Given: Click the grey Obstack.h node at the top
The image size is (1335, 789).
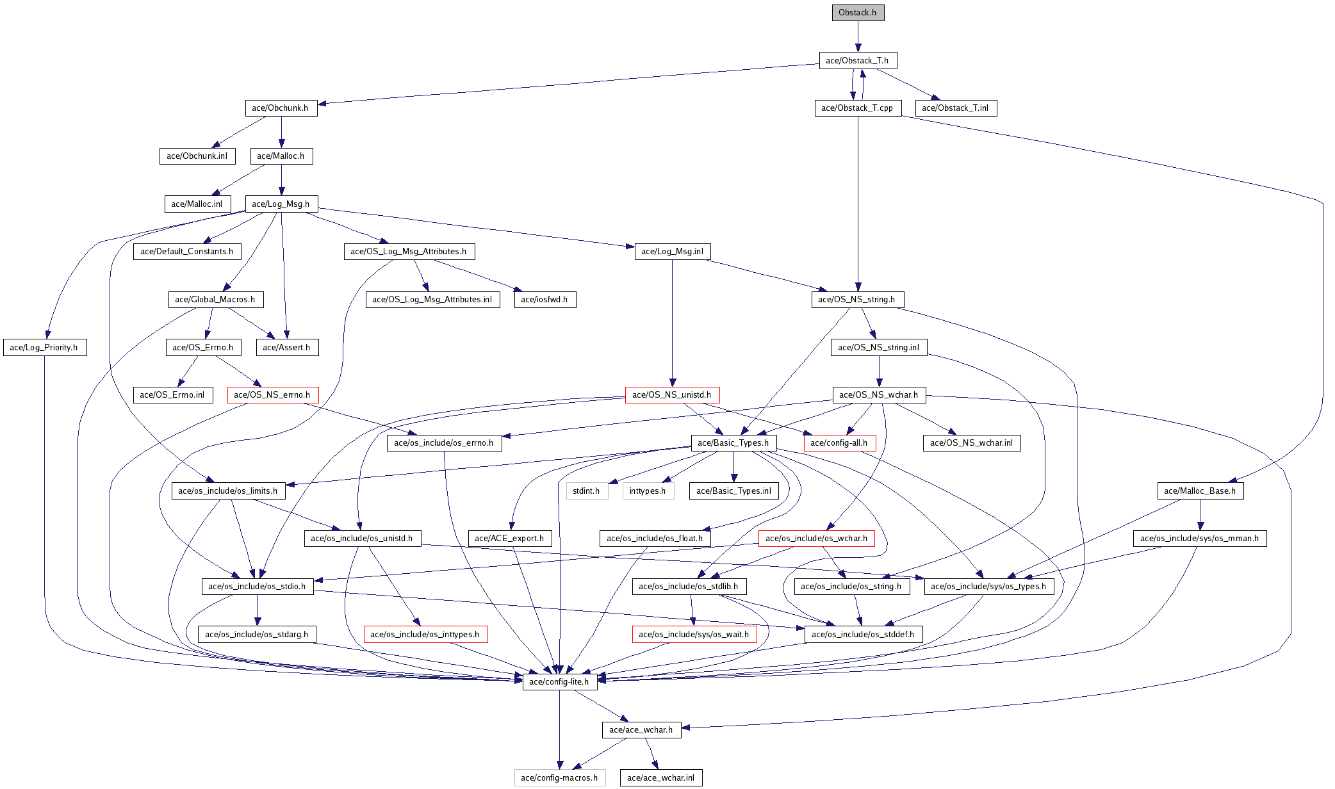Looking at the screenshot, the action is [x=858, y=13].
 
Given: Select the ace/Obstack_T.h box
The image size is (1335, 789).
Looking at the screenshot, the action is [x=858, y=60].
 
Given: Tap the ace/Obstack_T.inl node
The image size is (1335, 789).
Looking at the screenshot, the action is [x=956, y=108].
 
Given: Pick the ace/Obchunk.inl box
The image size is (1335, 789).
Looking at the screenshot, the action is [x=197, y=156].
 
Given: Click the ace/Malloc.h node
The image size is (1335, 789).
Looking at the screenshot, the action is [x=281, y=156].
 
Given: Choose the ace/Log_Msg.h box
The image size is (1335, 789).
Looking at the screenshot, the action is [x=281, y=204].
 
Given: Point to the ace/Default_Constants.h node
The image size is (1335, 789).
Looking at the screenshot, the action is [x=187, y=252].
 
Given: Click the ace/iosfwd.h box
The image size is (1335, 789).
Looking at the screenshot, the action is [x=545, y=300].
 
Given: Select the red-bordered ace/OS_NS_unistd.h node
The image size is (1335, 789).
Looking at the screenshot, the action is [x=672, y=395].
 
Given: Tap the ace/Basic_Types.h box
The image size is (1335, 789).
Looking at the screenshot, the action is [x=733, y=443].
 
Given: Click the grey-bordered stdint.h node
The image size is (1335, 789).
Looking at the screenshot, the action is [x=587, y=491].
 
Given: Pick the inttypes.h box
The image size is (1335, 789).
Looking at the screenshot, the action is [x=648, y=491].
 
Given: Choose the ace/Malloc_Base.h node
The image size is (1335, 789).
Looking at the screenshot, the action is [x=1200, y=491].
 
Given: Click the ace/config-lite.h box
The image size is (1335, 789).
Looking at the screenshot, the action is [x=560, y=682].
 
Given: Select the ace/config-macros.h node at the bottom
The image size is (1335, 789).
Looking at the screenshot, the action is [x=560, y=778].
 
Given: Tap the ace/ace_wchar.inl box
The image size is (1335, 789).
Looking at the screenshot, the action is [x=661, y=778].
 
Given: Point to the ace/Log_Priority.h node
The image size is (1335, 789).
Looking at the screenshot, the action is [x=44, y=348].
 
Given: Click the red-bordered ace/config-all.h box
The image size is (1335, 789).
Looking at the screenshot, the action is [x=840, y=443].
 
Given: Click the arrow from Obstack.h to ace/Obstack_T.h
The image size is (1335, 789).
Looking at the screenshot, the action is [x=858, y=37].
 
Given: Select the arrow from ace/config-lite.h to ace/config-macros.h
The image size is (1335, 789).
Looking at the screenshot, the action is [x=560, y=730].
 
